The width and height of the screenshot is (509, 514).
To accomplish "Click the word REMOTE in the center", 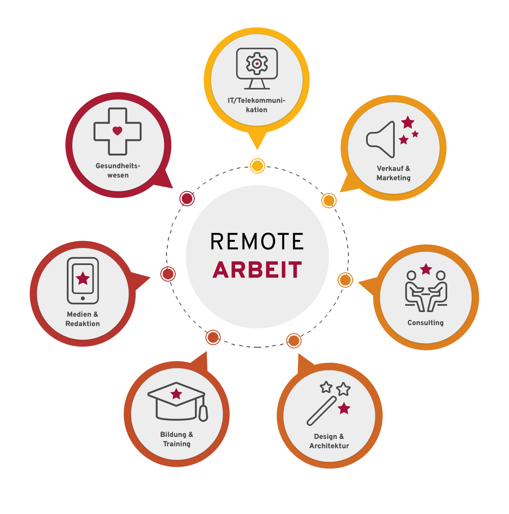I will coord(257,241).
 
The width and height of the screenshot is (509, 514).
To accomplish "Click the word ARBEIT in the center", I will coord(257,270).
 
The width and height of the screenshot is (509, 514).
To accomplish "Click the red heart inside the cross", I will coord(117,131).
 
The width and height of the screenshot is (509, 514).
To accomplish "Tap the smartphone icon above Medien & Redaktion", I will coord(83,280).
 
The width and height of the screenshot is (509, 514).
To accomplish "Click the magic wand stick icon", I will coord(321,411).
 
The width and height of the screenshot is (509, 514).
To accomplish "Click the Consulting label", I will coord(426,323).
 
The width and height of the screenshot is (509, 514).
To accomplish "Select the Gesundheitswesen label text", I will coord(118,170).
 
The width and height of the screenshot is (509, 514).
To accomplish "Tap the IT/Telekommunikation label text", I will coord(257,105).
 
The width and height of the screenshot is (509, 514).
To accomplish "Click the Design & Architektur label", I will coord(329,441).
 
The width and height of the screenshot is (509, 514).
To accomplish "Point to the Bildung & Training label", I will coord(177,439).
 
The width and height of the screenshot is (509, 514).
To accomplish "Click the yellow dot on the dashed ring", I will coord(258,166).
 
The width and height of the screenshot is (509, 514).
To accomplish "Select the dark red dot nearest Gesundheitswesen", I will coord(187,199).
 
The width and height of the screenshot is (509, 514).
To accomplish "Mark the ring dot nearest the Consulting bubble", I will coord(345,280).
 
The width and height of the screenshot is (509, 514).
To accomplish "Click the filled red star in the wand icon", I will coord(344,408).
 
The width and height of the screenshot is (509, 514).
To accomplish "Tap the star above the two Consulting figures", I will coord(426,269).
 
